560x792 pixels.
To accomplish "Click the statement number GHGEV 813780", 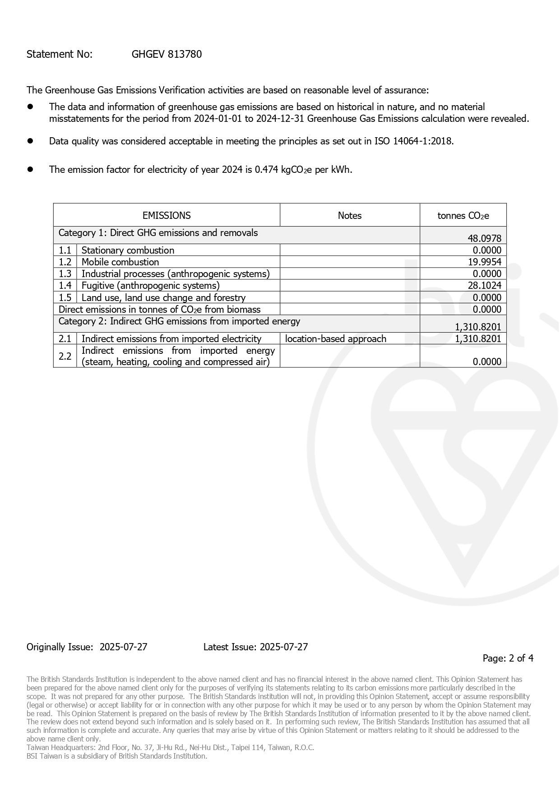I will (x=167, y=55).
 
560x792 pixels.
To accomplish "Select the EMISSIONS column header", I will (x=167, y=216).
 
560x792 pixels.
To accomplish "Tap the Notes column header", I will (x=349, y=216).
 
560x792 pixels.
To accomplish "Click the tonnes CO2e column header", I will (x=463, y=216).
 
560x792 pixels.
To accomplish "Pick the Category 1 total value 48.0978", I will (x=484, y=238).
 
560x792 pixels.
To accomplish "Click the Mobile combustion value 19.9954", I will (x=484, y=262).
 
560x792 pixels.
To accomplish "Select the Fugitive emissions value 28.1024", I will (x=484, y=286).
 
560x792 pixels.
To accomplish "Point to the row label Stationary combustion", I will (x=128, y=250).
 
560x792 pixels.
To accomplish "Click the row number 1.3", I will (x=65, y=274).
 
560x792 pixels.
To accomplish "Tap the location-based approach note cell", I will (x=336, y=339).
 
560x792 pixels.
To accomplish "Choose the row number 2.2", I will (x=65, y=357).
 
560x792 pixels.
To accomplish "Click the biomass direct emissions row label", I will (x=159, y=310).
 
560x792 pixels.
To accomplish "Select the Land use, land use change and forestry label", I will (x=163, y=298).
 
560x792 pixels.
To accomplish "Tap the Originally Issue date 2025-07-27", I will (x=123, y=647).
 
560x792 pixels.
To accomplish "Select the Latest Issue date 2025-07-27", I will (x=284, y=647).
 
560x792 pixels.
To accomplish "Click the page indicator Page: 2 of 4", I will (x=508, y=658).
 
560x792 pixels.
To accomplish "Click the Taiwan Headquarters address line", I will (x=170, y=747).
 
